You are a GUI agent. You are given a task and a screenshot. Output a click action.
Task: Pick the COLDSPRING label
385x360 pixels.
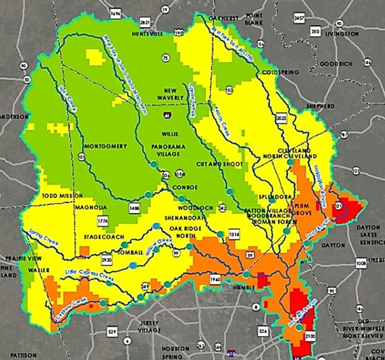pyautogui.click(x=280, y=73)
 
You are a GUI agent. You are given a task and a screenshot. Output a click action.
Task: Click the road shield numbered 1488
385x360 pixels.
pyautogui.click(x=134, y=207)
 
